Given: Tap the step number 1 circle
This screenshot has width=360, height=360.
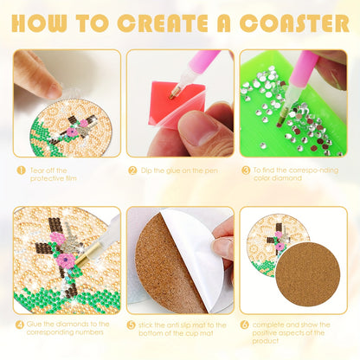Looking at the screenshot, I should point(21,170).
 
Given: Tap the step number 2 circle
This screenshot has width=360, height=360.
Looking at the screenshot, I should point(133,170).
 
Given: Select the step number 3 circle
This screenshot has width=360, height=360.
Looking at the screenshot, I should point(246,170).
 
